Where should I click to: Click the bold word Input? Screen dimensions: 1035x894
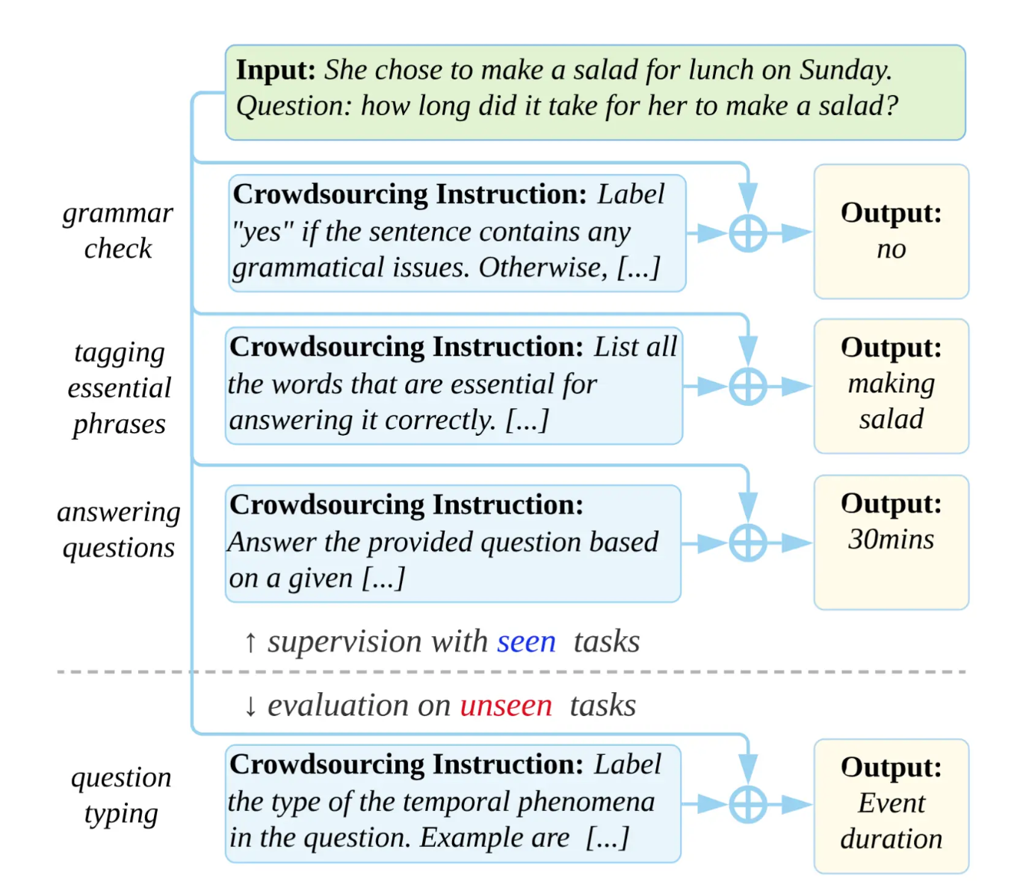[276, 70]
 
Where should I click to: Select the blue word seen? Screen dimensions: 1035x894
[526, 642]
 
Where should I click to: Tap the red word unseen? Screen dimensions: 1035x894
[506, 706]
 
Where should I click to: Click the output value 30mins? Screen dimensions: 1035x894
[891, 540]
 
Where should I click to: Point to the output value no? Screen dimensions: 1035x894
[892, 250]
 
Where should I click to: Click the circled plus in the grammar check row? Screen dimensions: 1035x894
[747, 233]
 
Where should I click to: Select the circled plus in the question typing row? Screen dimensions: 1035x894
[747, 804]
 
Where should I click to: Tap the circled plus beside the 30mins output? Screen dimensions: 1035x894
[747, 543]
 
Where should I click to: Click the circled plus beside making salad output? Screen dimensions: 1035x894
[747, 386]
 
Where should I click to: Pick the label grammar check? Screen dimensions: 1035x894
[117, 231]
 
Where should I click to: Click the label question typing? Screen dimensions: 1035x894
[121, 796]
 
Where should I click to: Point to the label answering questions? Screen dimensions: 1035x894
[119, 530]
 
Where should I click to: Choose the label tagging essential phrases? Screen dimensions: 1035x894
[119, 389]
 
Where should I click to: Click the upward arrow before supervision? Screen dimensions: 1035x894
[250, 643]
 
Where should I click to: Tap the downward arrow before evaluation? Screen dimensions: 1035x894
[250, 706]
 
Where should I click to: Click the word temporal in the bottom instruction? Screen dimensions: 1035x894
[457, 802]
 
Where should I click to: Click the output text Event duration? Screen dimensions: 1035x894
[892, 821]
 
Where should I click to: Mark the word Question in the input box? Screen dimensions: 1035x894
[294, 107]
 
